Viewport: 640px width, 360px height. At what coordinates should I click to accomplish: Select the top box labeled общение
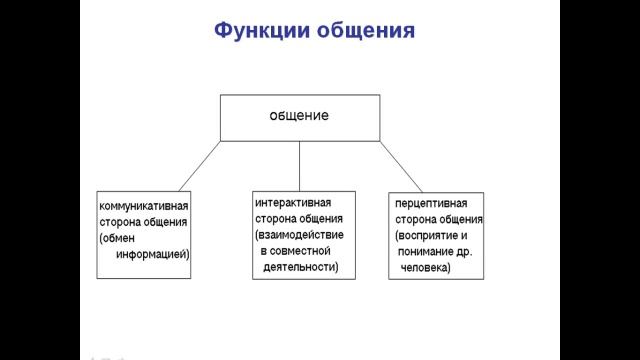point(299,117)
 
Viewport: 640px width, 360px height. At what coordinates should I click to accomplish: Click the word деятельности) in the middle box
point(301,267)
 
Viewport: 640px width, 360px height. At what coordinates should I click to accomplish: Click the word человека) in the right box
point(425,268)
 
